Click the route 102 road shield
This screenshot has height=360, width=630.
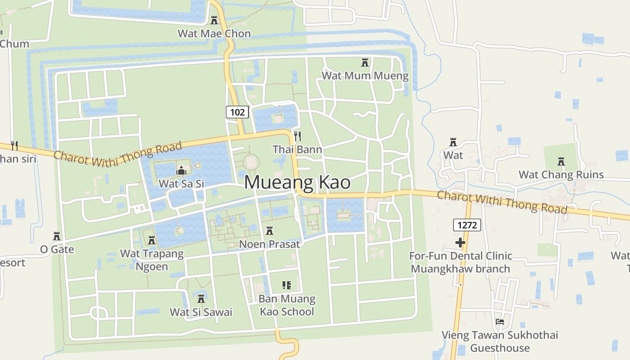point(237,112)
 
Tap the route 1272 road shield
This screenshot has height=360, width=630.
point(467,225)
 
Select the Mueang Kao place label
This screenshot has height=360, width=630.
point(297,182)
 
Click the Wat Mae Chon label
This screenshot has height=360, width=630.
point(214,33)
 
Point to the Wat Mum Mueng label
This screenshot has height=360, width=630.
point(365,75)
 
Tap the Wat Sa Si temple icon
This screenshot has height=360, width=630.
point(181,171)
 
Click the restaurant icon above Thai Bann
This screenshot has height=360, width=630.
point(297,135)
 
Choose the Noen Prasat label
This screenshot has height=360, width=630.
point(270,244)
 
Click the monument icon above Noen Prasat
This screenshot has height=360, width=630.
point(270,231)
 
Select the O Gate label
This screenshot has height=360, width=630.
point(57,249)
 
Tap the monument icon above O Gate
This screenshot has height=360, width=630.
point(57,236)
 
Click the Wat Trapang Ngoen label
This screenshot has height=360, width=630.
point(152,260)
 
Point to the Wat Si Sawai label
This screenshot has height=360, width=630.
point(201,312)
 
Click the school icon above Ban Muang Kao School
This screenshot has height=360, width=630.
point(287,285)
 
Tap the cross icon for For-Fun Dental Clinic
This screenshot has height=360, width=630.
point(460,243)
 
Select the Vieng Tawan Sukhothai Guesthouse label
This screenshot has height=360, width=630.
point(499,341)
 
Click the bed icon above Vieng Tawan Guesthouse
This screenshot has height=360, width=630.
point(499,322)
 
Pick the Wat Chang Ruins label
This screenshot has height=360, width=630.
point(561,175)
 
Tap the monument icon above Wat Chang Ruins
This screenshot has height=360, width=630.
point(561,161)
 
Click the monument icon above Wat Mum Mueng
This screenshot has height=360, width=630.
point(365,63)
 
